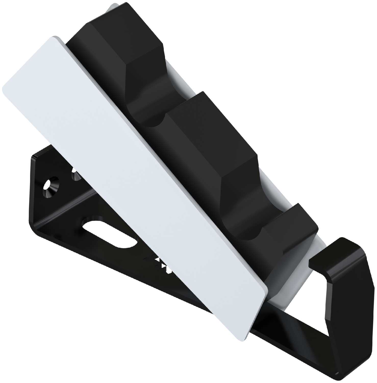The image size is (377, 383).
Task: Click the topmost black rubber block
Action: coord(120,51)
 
